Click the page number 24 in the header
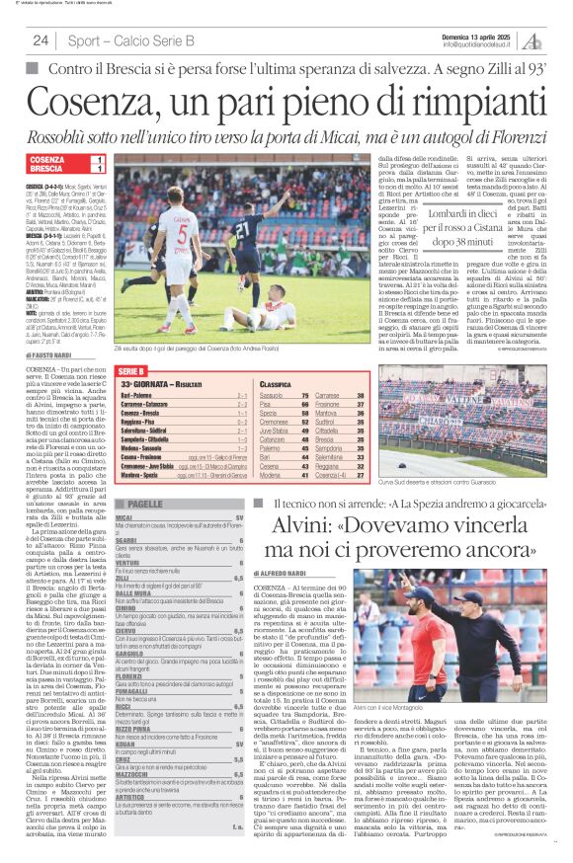(x=41, y=39)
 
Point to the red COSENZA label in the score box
(x=47, y=159)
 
